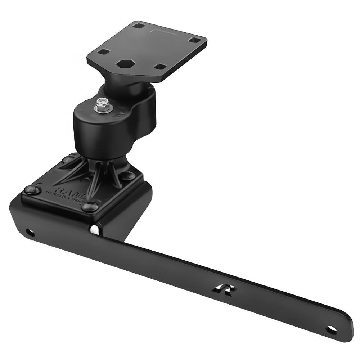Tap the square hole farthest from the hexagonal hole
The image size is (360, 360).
(x=194, y=40)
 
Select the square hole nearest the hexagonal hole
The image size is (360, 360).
(x=103, y=52)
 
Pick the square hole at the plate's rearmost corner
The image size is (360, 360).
(x=138, y=26)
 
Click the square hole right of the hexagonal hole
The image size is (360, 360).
(x=160, y=66)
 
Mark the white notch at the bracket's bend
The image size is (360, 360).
(x=94, y=229)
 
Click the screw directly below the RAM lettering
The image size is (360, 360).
(x=89, y=207)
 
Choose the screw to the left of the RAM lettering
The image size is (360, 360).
(x=32, y=190)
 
